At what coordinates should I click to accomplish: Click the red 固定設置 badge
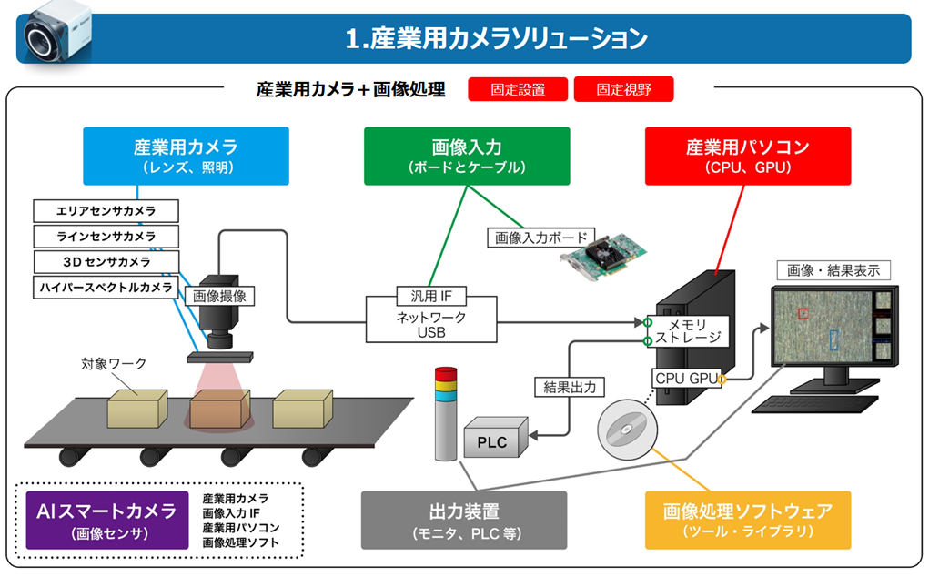pos(518,89)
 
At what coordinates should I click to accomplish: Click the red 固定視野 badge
pos(623,89)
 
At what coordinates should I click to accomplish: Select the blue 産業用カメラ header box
pos(186,156)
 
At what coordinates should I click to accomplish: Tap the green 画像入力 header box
pos(467,156)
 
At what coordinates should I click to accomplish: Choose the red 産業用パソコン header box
pos(747,156)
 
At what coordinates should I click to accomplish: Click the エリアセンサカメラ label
pos(106,211)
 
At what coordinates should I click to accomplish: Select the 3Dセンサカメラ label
pos(106,262)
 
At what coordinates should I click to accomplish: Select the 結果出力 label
pos(569,387)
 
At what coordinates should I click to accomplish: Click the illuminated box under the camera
pos(219,410)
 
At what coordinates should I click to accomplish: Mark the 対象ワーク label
pos(115,363)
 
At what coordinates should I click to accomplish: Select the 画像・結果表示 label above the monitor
pos(833,270)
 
